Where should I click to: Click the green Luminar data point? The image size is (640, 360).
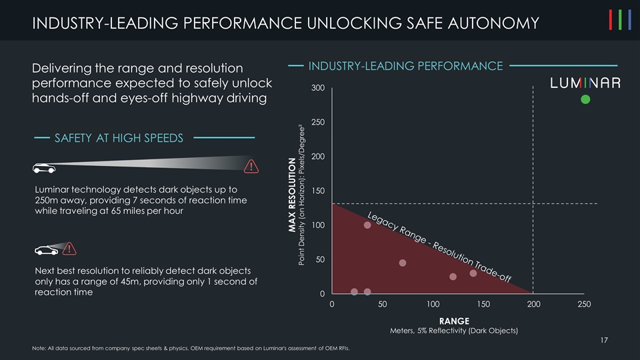[585, 99]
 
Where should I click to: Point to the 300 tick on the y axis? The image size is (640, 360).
[317, 89]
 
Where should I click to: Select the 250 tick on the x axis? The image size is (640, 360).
[584, 304]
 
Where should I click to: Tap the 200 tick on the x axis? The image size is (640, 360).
[533, 304]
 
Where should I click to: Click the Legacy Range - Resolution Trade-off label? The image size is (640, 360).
[439, 247]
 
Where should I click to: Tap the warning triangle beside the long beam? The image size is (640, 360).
[251, 166]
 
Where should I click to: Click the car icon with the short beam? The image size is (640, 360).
[46, 251]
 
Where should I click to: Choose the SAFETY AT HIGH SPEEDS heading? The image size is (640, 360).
[119, 138]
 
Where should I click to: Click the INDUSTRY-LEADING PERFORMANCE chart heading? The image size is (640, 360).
[405, 66]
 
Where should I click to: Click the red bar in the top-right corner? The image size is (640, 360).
[611, 21]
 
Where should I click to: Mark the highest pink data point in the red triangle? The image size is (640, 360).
[367, 225]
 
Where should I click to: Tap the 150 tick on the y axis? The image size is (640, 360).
[317, 191]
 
